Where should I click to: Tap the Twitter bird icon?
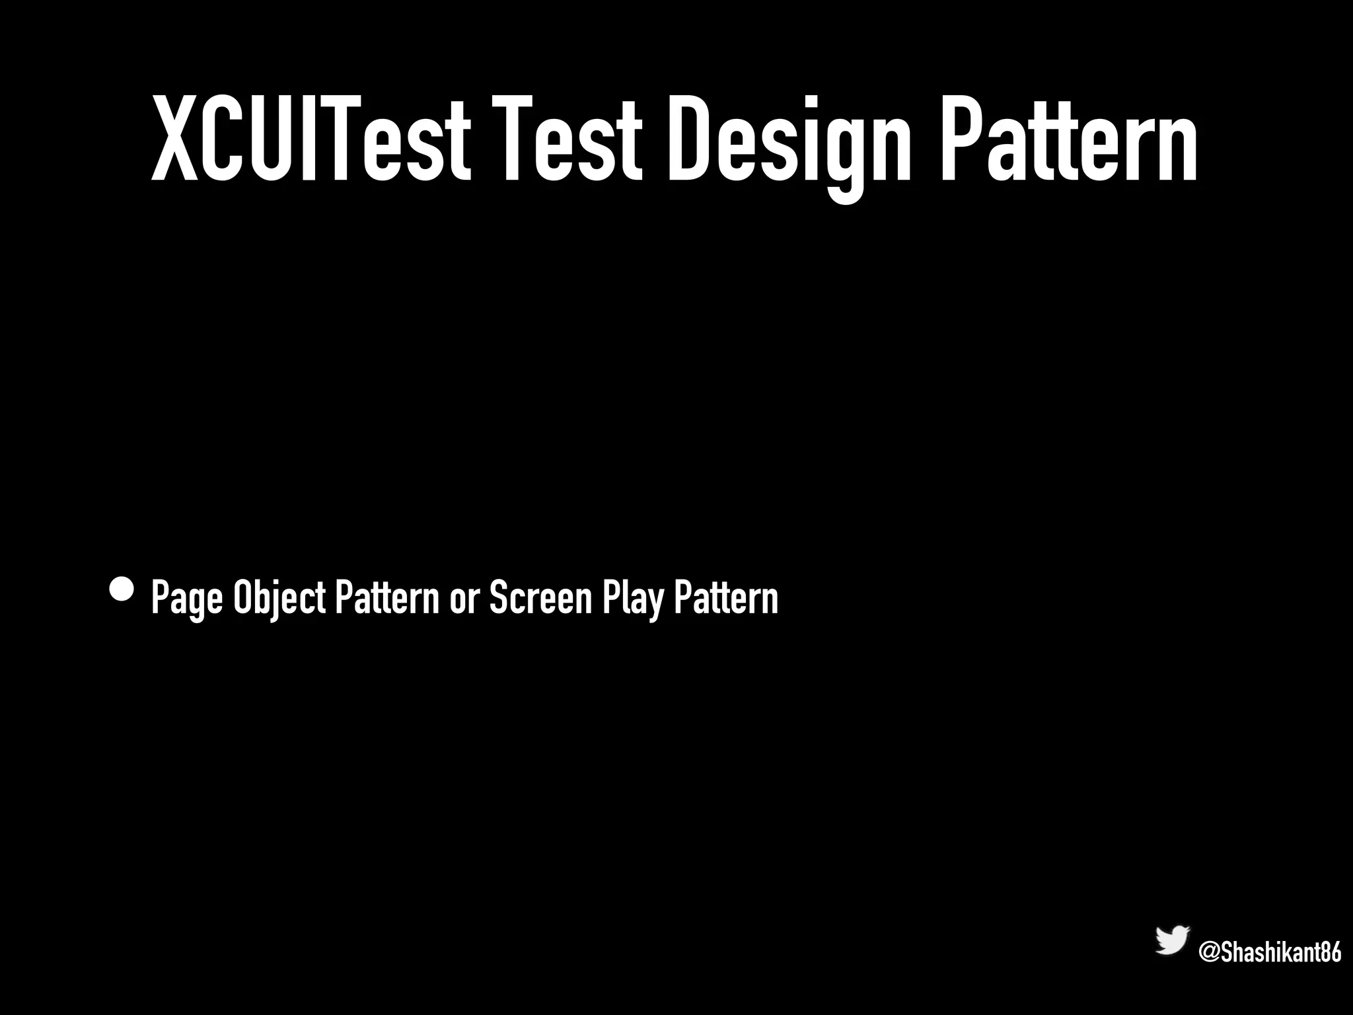click(1172, 940)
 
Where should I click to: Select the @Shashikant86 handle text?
click(1270, 953)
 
